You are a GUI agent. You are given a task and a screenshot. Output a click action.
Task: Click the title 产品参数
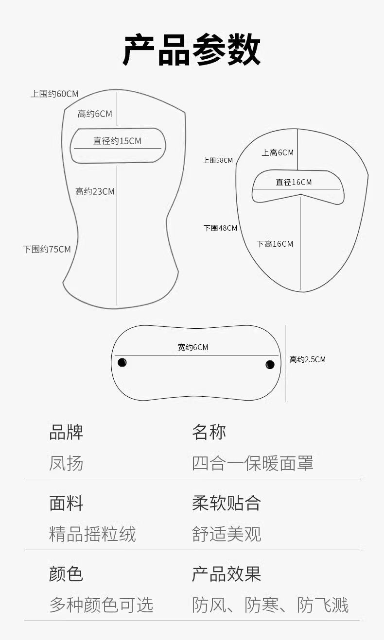192,50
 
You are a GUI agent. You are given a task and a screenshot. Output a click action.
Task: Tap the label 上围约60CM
54,94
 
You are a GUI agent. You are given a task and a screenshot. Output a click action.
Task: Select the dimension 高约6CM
95,114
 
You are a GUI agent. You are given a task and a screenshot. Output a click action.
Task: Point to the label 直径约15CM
117,141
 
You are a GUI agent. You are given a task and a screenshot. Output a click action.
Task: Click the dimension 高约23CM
95,191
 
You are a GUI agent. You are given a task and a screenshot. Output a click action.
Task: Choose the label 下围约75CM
47,249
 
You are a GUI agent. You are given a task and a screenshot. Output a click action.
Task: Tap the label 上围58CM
218,160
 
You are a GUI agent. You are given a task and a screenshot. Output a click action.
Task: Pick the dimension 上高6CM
278,152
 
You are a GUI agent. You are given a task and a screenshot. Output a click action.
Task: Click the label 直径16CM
294,182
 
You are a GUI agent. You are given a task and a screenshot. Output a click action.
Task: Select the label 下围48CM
220,228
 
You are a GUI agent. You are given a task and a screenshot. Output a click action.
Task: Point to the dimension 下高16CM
275,244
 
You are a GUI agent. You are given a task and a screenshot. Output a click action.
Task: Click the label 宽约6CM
192,347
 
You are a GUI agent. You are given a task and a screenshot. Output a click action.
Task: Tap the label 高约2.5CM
307,359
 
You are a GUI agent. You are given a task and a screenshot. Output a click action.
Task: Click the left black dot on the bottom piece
122,362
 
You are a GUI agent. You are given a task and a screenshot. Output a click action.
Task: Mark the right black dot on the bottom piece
270,364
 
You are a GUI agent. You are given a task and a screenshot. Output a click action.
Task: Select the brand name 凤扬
66,463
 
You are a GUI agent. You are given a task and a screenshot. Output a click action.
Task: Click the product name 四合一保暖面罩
252,463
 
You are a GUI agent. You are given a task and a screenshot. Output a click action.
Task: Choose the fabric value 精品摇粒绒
92,534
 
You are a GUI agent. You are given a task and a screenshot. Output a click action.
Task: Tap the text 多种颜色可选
101,605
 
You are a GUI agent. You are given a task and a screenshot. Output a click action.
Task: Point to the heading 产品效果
227,574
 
